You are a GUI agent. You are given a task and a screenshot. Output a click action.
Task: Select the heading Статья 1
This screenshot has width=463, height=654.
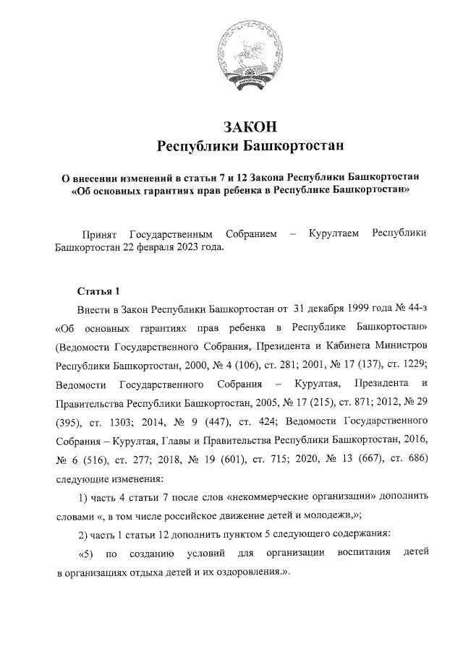[x=98, y=291]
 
